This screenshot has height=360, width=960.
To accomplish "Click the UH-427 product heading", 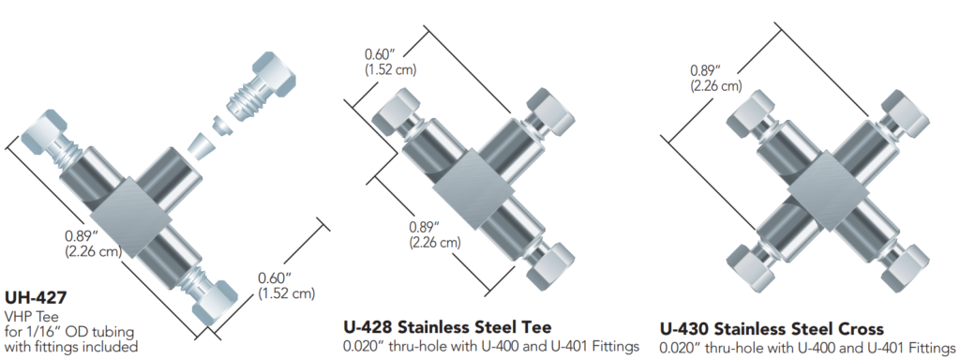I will tap(36, 298).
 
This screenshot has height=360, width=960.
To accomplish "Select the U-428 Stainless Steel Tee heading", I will tap(446, 327).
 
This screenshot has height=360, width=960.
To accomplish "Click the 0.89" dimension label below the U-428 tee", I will tap(433, 232).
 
